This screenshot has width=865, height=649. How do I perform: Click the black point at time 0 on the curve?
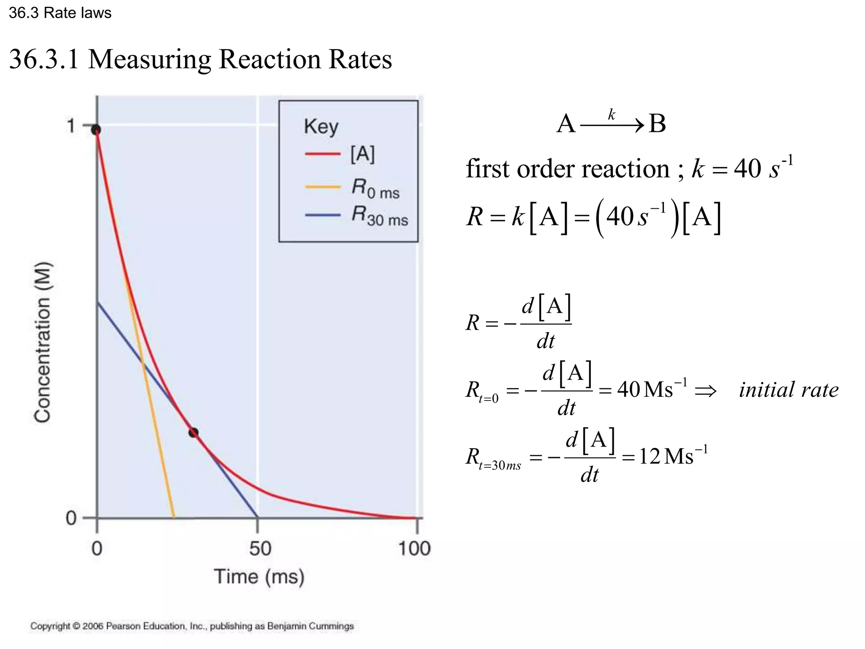[96, 129]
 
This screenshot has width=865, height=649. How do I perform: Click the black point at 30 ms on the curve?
[193, 432]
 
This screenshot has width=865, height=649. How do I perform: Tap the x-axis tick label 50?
[260, 548]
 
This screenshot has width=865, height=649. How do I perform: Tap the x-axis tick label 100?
[414, 548]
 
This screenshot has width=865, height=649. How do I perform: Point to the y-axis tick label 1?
[71, 125]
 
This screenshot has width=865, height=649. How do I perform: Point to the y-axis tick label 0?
[71, 518]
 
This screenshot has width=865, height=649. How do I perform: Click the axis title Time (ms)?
[259, 577]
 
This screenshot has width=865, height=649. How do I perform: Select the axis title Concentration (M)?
[42, 342]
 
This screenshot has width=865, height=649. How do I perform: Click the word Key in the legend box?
[321, 126]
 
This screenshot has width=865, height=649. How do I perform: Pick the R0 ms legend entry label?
[375, 188]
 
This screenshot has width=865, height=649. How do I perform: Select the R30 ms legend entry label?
[380, 216]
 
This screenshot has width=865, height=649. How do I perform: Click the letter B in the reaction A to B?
[657, 124]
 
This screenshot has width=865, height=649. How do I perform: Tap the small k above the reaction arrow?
[612, 114]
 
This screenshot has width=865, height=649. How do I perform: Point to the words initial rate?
[788, 390]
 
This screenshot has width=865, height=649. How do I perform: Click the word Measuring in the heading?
[150, 59]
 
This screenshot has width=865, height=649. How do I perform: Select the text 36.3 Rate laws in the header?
[60, 13]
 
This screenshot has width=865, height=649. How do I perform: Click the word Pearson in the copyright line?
[123, 626]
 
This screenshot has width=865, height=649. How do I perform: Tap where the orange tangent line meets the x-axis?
[174, 518]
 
